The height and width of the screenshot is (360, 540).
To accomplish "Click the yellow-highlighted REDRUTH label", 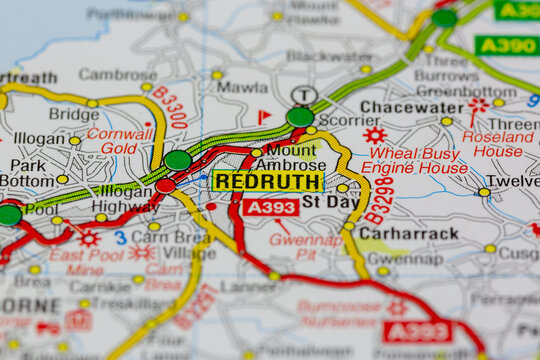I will click(x=268, y=181).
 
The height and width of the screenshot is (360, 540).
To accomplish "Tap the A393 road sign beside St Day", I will click(x=271, y=207).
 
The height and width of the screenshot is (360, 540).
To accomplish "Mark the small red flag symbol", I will click(x=264, y=117).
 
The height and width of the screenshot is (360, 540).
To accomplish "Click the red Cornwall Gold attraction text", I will click(x=119, y=141).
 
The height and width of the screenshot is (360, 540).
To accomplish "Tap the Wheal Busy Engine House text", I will click(x=413, y=161).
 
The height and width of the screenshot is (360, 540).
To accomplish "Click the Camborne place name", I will click(x=118, y=74).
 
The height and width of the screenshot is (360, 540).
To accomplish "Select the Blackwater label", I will click(x=329, y=57).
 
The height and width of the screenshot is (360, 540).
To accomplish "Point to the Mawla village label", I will click(x=242, y=88).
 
